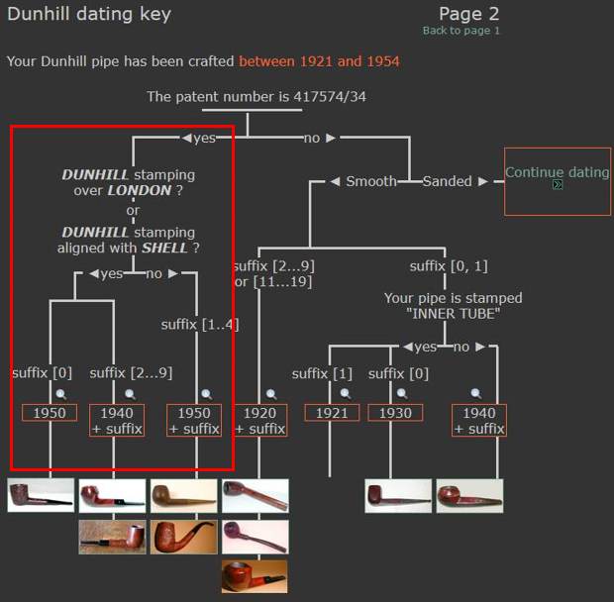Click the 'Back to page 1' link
pyautogui.click(x=460, y=31)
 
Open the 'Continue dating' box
pyautogui.click(x=558, y=181)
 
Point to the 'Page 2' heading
pyautogui.click(x=468, y=14)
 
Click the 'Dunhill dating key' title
pyautogui.click(x=89, y=15)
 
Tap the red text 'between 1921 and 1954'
pyautogui.click(x=319, y=61)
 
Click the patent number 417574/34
pyautogui.click(x=330, y=97)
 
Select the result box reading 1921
pyautogui.click(x=332, y=413)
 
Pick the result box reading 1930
pyautogui.click(x=395, y=413)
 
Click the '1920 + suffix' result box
pyautogui.click(x=260, y=421)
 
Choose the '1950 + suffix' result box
pyautogui.click(x=194, y=421)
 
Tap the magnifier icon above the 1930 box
pyautogui.click(x=402, y=393)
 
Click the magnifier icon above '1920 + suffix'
pyautogui.click(x=271, y=394)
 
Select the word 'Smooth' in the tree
pyautogui.click(x=371, y=181)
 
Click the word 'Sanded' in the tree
pyautogui.click(x=448, y=181)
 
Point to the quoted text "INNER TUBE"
pyautogui.click(x=453, y=314)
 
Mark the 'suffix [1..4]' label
pyautogui.click(x=200, y=325)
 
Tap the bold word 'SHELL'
pyautogui.click(x=164, y=248)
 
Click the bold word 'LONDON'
pyautogui.click(x=140, y=191)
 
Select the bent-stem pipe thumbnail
pyautogui.click(x=183, y=537)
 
